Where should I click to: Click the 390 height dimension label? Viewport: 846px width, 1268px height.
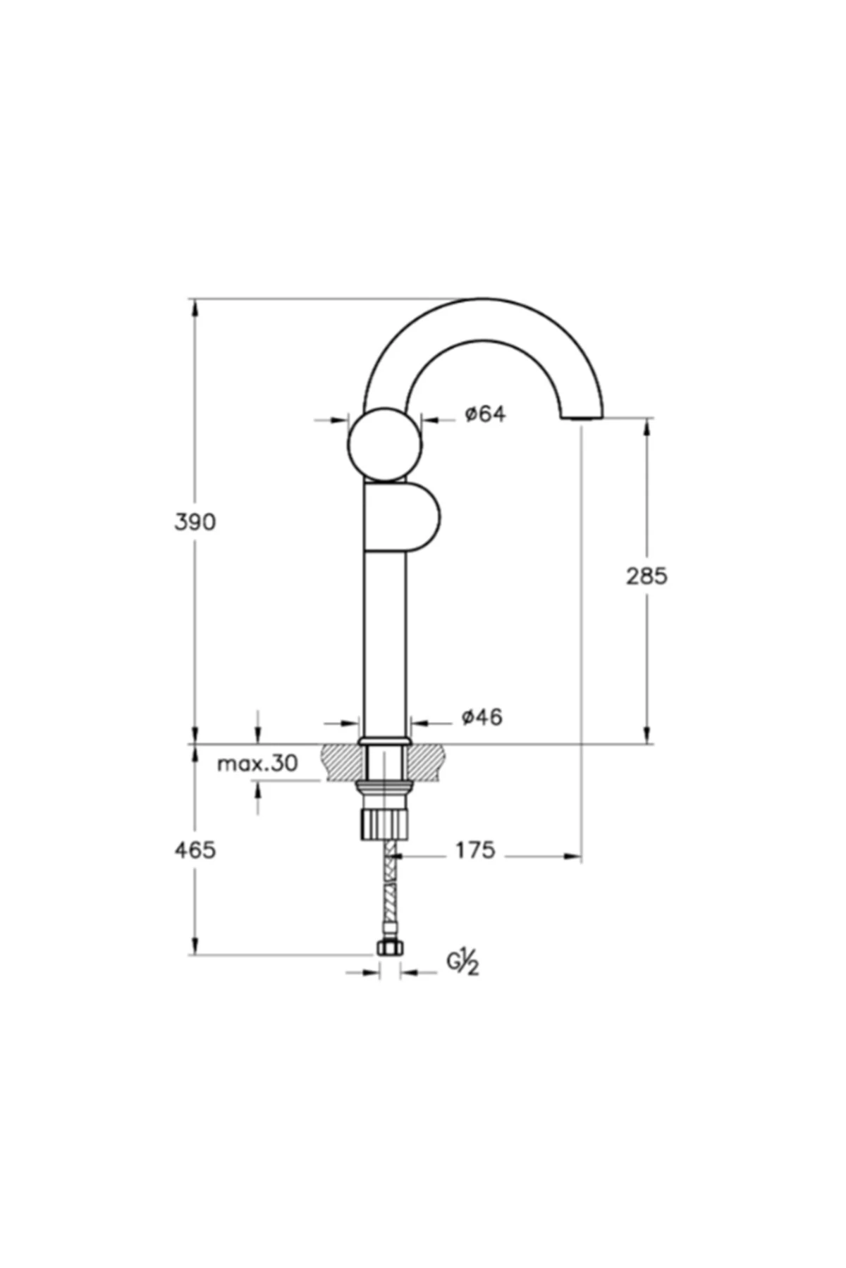(x=195, y=522)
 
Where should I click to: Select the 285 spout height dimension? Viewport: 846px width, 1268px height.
(x=646, y=576)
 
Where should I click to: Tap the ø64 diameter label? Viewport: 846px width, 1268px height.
(x=485, y=414)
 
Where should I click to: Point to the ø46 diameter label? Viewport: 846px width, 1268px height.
(x=482, y=717)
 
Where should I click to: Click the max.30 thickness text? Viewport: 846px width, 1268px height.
(x=257, y=763)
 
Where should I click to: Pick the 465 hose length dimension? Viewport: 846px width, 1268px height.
(x=195, y=850)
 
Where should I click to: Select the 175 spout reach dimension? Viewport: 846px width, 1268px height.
(x=474, y=850)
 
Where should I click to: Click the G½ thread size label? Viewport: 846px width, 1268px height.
(x=462, y=962)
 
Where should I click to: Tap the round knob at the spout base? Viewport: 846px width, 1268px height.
(x=384, y=445)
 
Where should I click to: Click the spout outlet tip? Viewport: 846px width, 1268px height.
(x=582, y=418)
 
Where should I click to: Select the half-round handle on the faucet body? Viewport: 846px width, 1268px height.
(x=416, y=516)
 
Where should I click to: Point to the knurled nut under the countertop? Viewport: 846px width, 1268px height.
(x=384, y=823)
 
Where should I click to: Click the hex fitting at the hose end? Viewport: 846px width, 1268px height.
(x=388, y=947)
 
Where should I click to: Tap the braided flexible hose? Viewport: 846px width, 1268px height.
(x=388, y=888)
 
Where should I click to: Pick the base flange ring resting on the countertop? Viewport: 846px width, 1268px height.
(x=384, y=741)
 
